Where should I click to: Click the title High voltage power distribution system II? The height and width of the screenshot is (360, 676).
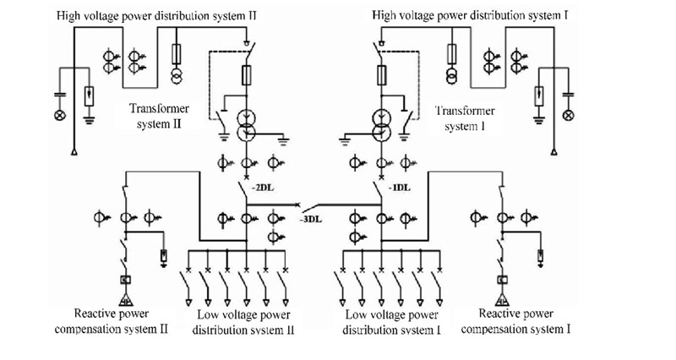click(156, 16)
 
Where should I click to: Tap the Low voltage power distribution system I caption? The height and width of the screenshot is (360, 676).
click(392, 322)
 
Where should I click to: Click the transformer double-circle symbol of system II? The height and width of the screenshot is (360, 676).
click(246, 123)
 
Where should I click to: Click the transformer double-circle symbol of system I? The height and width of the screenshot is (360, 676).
click(383, 123)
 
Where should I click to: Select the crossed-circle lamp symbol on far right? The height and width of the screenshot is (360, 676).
click(569, 115)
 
